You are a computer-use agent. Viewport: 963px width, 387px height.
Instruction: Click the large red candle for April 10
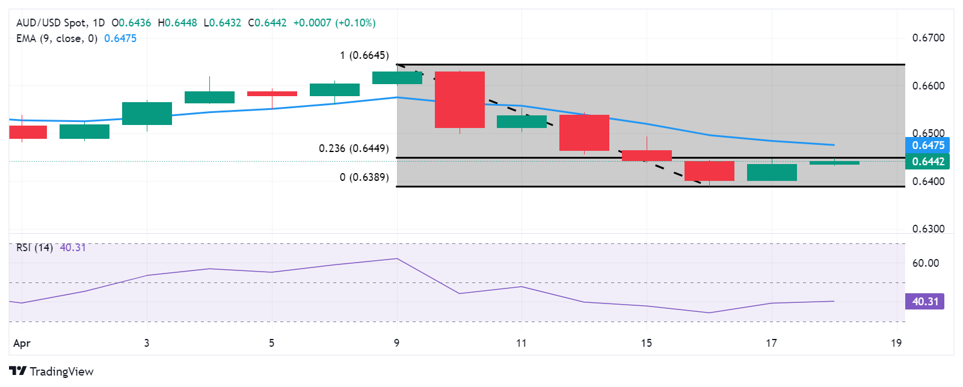460,100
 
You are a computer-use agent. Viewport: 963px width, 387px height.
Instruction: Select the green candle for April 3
147,113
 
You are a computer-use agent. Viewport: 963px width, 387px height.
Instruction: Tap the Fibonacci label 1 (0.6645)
364,55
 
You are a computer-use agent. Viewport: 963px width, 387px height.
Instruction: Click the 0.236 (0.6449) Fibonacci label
354,148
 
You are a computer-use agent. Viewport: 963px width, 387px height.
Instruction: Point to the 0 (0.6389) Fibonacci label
364,177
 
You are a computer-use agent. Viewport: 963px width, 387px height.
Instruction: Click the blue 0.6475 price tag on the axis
928,145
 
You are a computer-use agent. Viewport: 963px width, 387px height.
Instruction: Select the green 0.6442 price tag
928,162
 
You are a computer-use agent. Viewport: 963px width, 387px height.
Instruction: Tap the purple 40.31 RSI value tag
925,302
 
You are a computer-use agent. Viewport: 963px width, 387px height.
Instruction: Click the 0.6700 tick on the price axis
928,38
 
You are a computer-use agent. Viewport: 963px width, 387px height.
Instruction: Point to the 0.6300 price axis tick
928,229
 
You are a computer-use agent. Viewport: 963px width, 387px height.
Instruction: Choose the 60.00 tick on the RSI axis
925,263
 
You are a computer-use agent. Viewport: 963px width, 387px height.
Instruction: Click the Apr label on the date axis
22,343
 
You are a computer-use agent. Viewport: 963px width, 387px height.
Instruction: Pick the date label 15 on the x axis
646,343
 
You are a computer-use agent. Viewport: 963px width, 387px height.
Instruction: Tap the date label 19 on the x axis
896,343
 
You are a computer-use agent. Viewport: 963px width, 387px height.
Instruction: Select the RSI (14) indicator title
34,248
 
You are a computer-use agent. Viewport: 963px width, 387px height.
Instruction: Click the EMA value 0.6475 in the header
120,38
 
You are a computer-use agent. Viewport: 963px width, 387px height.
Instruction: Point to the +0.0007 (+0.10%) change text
334,23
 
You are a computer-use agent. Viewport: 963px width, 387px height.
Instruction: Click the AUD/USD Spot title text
51,23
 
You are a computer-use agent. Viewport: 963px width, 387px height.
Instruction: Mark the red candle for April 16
709,171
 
